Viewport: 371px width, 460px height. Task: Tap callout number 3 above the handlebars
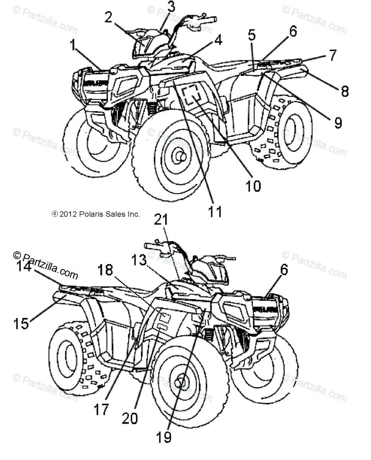[x=171, y=7]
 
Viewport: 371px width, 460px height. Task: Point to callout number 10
[x=253, y=186]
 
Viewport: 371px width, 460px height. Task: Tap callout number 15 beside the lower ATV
[x=21, y=324]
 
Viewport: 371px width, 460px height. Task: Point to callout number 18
[x=105, y=270]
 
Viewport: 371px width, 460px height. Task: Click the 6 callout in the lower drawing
[x=284, y=270]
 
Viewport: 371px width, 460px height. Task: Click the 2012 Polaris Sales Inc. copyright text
[x=96, y=214]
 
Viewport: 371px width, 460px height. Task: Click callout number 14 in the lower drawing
[x=24, y=266]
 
